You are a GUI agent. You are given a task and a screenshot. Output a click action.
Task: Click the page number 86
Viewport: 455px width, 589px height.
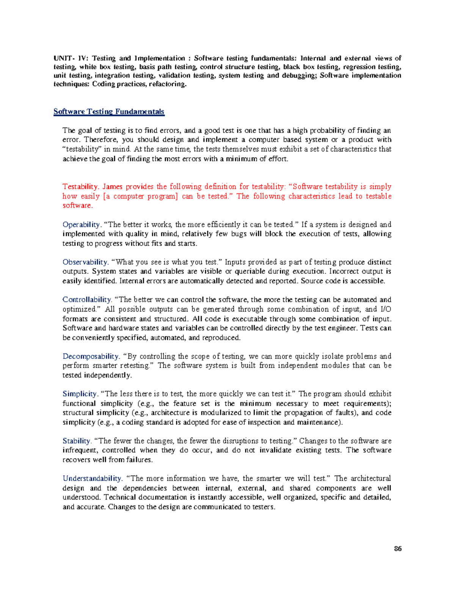pyautogui.click(x=398, y=548)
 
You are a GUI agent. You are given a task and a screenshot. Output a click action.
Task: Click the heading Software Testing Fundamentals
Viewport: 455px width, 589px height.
pyautogui.click(x=109, y=112)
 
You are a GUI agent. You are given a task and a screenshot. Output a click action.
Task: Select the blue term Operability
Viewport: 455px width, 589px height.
pyautogui.click(x=81, y=225)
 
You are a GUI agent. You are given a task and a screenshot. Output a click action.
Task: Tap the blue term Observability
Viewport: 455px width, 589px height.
pyautogui.click(x=85, y=262)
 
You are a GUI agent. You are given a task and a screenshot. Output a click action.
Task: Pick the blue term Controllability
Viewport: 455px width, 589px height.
pyautogui.click(x=87, y=300)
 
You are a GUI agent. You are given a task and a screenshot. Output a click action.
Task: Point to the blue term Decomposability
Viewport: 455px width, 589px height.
pyautogui.click(x=91, y=356)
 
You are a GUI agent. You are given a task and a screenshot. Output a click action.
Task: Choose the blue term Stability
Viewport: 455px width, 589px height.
pyautogui.click(x=77, y=441)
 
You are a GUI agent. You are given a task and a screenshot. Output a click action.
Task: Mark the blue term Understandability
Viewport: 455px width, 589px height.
pyautogui.click(x=92, y=478)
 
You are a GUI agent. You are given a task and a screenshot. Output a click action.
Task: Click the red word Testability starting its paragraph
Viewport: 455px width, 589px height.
pyautogui.click(x=80, y=187)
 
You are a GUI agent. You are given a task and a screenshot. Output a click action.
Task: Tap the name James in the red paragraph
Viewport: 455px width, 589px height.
pyautogui.click(x=113, y=187)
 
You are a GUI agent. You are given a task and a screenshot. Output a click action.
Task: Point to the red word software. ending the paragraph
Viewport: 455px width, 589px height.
pyautogui.click(x=77, y=206)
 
